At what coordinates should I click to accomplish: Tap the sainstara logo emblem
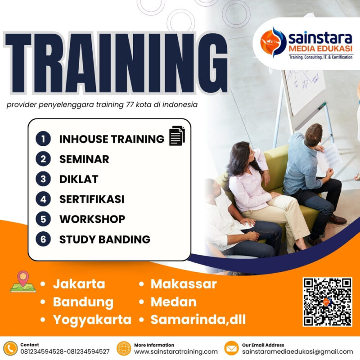(274, 42)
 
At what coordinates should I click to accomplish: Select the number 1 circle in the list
(43, 139)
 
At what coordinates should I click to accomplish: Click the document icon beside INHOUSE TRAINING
(177, 136)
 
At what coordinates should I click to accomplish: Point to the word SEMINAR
(84, 159)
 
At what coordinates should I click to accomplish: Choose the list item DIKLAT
(79, 179)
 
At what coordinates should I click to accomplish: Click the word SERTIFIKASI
(92, 199)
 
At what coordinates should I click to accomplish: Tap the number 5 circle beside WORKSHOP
(43, 219)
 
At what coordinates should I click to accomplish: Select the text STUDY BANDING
(105, 239)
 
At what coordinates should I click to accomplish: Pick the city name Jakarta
(79, 284)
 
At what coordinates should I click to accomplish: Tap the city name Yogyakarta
(92, 319)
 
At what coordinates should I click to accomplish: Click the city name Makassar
(184, 284)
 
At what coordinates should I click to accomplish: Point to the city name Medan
(174, 301)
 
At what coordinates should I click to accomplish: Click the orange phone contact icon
(10, 348)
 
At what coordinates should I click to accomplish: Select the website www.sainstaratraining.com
(176, 351)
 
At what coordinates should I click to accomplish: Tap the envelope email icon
(231, 348)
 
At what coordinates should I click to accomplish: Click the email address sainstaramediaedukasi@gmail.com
(297, 351)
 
